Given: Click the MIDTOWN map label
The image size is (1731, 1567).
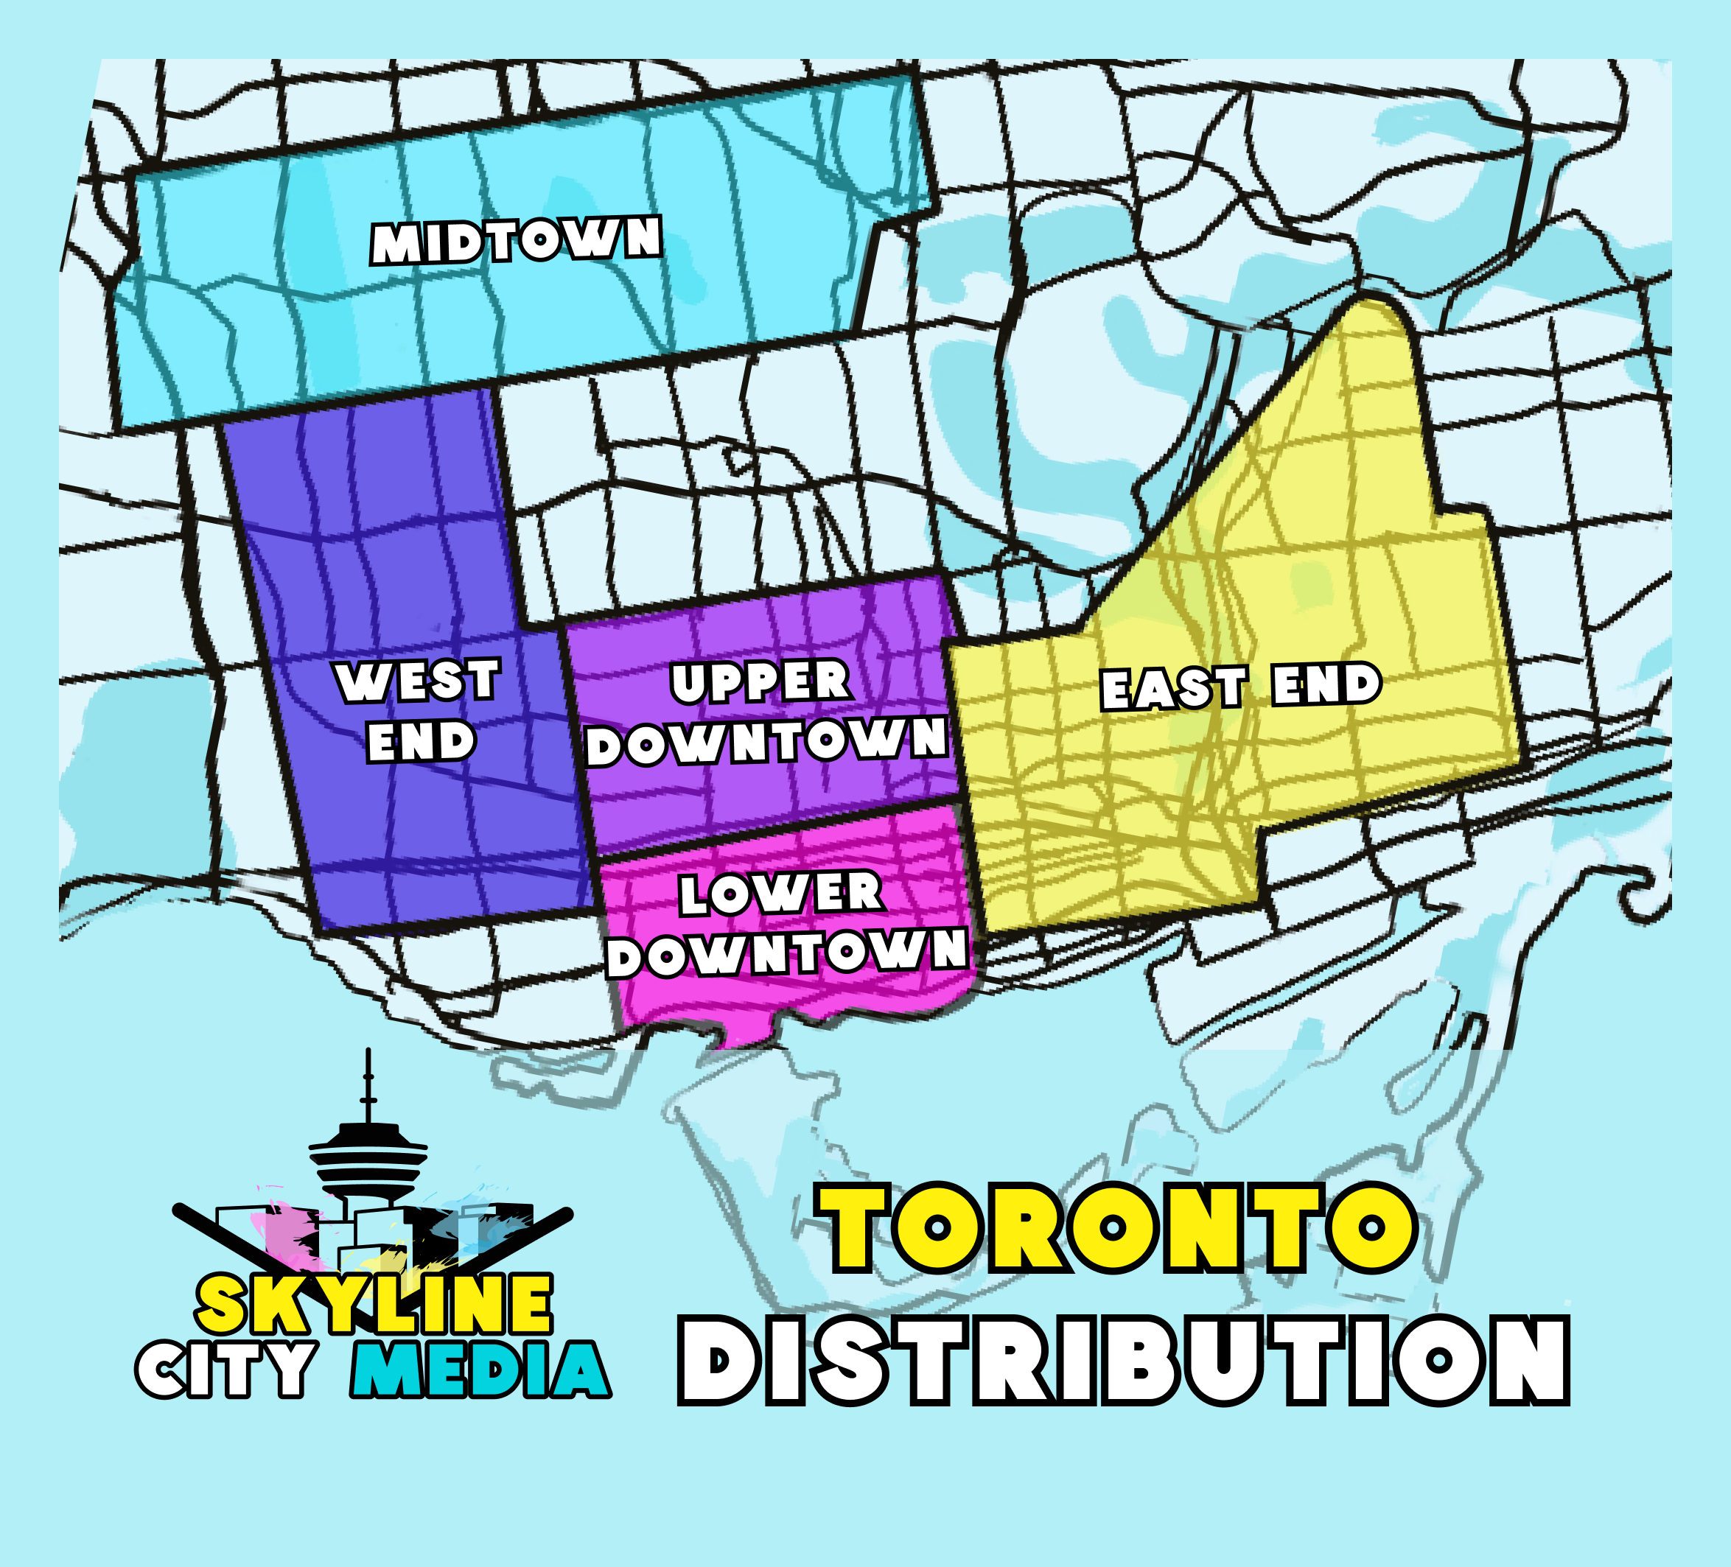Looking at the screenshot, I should (516, 240).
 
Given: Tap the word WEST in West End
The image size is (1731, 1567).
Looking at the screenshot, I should (418, 681).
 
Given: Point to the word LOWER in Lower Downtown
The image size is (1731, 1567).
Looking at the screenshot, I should (780, 893).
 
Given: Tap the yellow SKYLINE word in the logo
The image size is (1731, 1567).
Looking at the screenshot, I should (374, 1303).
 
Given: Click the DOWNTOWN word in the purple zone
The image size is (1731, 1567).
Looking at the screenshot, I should (767, 742).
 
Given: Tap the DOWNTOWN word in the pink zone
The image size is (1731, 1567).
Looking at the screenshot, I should (786, 953).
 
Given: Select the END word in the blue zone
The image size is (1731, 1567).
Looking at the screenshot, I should (421, 742).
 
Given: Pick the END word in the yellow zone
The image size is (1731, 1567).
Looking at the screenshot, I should (1326, 685).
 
